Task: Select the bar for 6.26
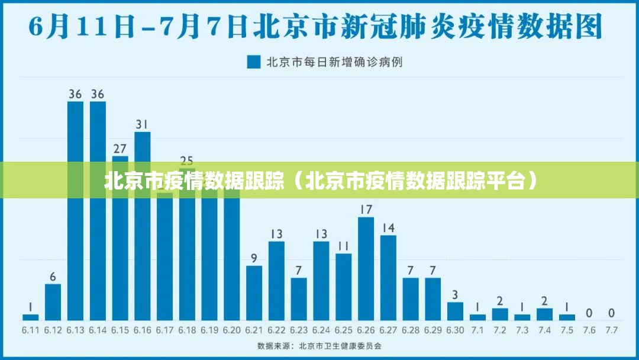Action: click(366, 269)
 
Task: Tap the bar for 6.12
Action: click(53, 302)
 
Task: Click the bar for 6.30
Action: click(455, 311)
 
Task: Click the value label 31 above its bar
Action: click(142, 124)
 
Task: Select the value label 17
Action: click(366, 210)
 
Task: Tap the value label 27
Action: click(120, 148)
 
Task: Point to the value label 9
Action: click(254, 258)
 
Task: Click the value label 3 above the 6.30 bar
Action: click(455, 294)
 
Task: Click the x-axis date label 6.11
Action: click(31, 329)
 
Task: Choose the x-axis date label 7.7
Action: click(611, 329)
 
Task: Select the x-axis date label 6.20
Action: click(232, 329)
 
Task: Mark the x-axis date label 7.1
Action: click(477, 329)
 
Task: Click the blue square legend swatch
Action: click(254, 62)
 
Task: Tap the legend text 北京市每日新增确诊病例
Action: click(334, 62)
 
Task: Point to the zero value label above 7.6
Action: click(589, 313)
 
